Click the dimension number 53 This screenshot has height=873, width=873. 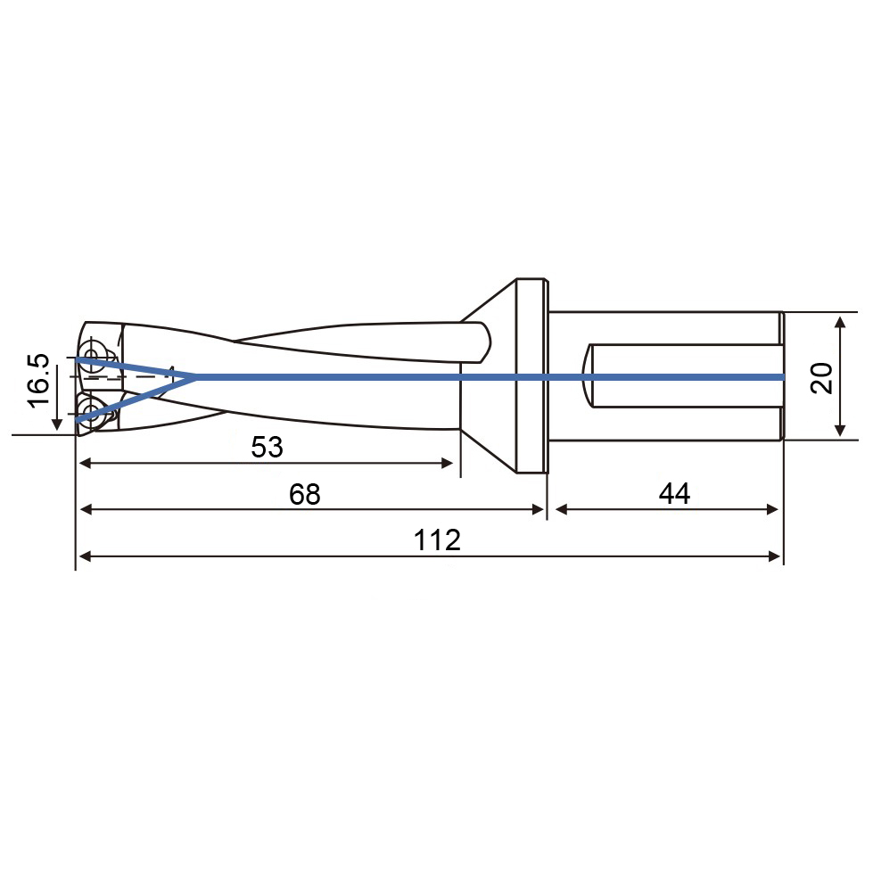click(x=268, y=447)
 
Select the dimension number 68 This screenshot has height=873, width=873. click(x=305, y=494)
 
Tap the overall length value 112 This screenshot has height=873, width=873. click(x=437, y=540)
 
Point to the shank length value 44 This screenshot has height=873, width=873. click(x=674, y=493)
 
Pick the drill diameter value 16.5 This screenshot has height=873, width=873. click(x=39, y=381)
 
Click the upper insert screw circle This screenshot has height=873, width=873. click(x=91, y=353)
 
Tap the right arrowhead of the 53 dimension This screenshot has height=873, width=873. click(x=447, y=463)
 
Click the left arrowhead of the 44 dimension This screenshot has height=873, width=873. click(x=562, y=509)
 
